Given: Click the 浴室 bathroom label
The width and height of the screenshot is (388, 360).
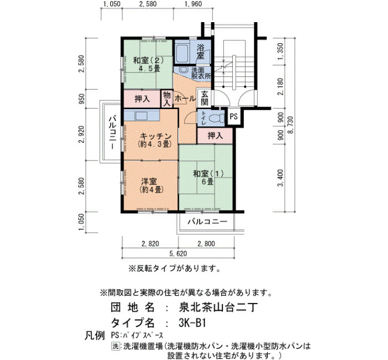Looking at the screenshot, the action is pyautogui.click(x=200, y=52).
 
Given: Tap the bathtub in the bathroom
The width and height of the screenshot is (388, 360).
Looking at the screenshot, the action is pyautogui.click(x=182, y=53).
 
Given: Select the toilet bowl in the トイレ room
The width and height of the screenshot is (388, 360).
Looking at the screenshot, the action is pyautogui.click(x=215, y=117).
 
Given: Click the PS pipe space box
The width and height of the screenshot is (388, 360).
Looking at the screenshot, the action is pyautogui.click(x=233, y=116).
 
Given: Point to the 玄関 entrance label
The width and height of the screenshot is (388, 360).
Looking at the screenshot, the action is pyautogui.click(x=205, y=98).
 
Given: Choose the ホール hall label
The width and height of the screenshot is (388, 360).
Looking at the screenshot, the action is pyautogui.click(x=185, y=99).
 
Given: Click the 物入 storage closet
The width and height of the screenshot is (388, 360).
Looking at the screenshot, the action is pyautogui.click(x=167, y=99).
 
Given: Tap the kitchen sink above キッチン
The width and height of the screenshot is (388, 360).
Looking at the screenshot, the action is pyautogui.click(x=141, y=115).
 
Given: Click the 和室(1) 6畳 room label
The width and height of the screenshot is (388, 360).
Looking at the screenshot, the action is pyautogui.click(x=208, y=177).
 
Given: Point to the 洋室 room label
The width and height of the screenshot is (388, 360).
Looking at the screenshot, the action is pyautogui.click(x=151, y=186).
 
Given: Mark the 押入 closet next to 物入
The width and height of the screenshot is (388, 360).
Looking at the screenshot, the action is pyautogui.click(x=142, y=99).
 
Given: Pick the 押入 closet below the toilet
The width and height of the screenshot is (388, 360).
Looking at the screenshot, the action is pyautogui.click(x=215, y=136).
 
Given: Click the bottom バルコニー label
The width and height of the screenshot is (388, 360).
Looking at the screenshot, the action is pyautogui.click(x=207, y=222).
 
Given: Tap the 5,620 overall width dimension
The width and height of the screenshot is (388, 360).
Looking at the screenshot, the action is pyautogui.click(x=178, y=254).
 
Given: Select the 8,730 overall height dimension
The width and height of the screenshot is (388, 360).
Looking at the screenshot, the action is pyautogui.click(x=290, y=125).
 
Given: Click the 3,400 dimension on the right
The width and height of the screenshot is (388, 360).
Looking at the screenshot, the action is pyautogui.click(x=280, y=178).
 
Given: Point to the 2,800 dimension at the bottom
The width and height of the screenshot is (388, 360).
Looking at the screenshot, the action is pyautogui.click(x=206, y=244).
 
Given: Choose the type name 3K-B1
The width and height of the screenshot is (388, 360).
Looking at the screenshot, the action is pyautogui.click(x=192, y=323).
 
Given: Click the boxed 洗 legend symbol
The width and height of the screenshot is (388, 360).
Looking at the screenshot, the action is pyautogui.click(x=115, y=346).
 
